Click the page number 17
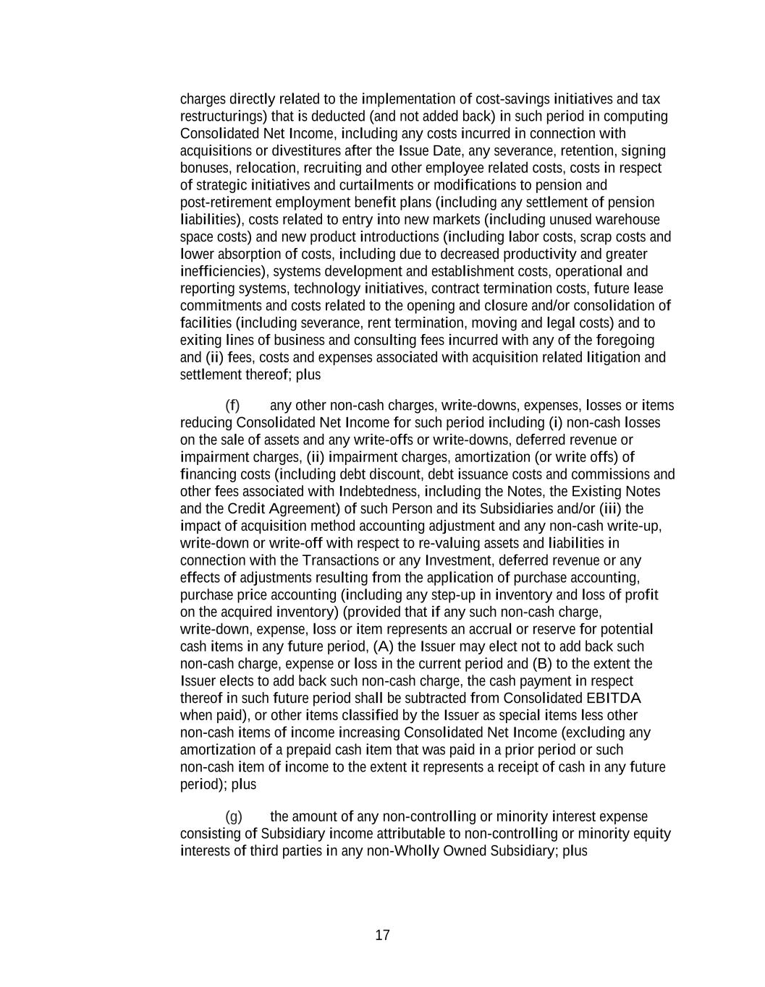382,935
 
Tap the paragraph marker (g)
233,816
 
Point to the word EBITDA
614,698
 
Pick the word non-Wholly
402,851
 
